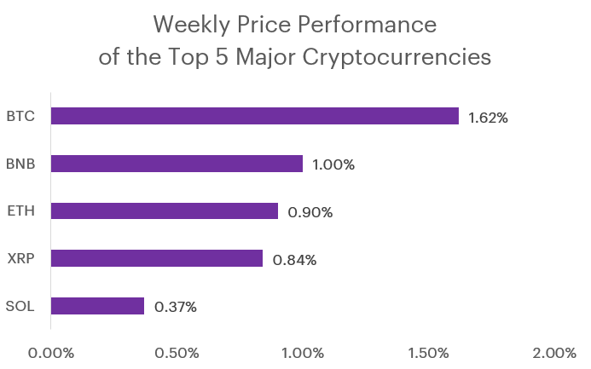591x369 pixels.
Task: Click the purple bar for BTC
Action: pyautogui.click(x=254, y=116)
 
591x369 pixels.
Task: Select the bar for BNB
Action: pyautogui.click(x=177, y=164)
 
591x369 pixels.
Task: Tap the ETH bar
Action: pyautogui.click(x=165, y=210)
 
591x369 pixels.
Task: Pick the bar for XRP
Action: pyautogui.click(x=157, y=258)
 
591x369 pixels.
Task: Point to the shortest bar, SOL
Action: pyautogui.click(x=97, y=305)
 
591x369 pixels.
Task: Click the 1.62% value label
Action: pyautogui.click(x=488, y=118)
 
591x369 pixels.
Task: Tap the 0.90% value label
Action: pyautogui.click(x=310, y=212)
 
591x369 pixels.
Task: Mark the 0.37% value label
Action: pyautogui.click(x=176, y=307)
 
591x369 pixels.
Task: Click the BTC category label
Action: pyautogui.click(x=20, y=116)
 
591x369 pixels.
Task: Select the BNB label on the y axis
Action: pyautogui.click(x=20, y=164)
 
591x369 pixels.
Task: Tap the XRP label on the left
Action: pyautogui.click(x=20, y=258)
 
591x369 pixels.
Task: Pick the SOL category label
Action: pyautogui.click(x=20, y=305)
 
